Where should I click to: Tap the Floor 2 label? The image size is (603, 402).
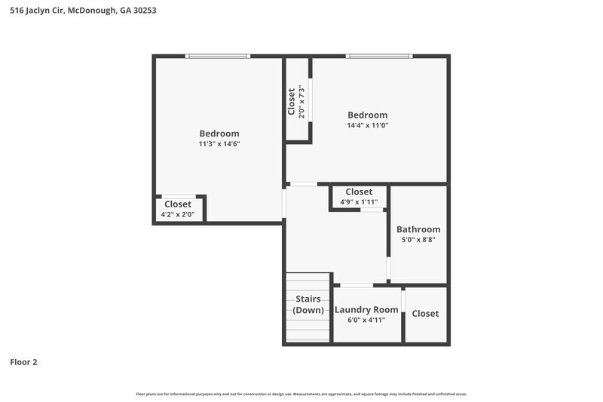tap(23, 362)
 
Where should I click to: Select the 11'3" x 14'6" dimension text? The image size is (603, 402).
tap(219, 143)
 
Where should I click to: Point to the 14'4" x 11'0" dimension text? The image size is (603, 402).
tap(367, 125)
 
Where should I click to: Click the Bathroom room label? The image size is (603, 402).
tap(418, 229)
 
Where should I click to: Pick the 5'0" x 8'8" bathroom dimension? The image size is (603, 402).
tap(418, 240)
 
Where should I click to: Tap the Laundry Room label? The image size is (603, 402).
tap(366, 310)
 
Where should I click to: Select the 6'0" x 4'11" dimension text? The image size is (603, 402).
tap(366, 320)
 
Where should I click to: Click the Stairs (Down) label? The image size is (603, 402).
tap(308, 305)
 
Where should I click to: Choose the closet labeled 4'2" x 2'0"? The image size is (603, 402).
tap(178, 209)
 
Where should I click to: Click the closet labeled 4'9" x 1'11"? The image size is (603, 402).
tap(359, 197)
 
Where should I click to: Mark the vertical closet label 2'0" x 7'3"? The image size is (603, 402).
tap(296, 101)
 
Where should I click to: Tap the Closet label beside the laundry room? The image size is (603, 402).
tap(425, 314)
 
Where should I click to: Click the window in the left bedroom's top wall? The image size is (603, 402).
tap(218, 56)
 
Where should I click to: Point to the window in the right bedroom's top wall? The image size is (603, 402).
tap(379, 56)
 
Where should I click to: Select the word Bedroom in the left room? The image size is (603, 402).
tap(219, 133)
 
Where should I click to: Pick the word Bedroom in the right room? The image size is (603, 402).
tap(367, 115)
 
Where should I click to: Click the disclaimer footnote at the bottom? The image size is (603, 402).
tap(301, 394)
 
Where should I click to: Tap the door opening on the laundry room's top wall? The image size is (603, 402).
tap(356, 285)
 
